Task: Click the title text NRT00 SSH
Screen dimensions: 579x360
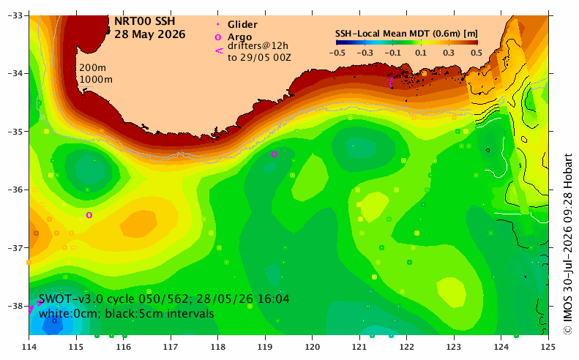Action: (144, 21)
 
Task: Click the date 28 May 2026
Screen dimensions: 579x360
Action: (149, 34)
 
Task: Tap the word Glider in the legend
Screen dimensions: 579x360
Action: (242, 24)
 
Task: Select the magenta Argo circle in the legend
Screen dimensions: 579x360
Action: (218, 37)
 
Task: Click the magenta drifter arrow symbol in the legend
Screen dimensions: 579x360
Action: (220, 51)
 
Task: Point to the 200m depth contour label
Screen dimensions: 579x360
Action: (93, 68)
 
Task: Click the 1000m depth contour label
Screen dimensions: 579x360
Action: (96, 79)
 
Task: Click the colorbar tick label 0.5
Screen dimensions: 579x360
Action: (477, 53)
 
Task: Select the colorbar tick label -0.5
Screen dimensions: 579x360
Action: (337, 53)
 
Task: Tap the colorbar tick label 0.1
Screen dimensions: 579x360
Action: (421, 53)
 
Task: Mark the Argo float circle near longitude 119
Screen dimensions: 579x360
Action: (274, 154)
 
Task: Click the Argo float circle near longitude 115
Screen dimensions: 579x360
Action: (89, 215)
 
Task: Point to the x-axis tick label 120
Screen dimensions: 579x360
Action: (313, 347)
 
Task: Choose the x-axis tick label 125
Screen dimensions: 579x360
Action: (548, 347)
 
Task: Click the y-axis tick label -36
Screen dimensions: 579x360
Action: (15, 190)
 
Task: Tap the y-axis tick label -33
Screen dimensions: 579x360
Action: (15, 15)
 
